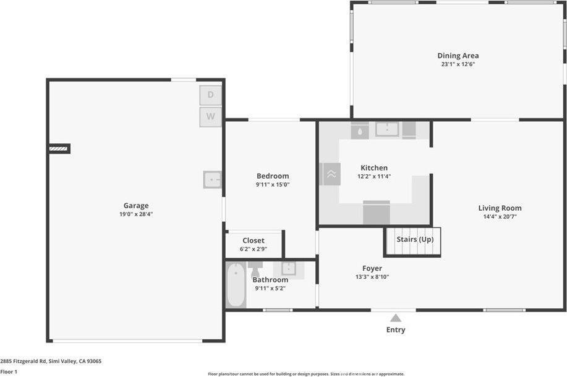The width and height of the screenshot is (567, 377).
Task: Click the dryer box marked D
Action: coord(210,95)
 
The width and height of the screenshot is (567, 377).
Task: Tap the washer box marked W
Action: coord(210,116)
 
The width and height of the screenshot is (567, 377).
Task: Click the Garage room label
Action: coord(135,206)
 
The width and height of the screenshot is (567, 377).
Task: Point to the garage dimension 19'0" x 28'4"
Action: coord(135,214)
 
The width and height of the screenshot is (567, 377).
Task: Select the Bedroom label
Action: coord(273,176)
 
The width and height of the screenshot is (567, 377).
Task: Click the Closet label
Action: coord(254,240)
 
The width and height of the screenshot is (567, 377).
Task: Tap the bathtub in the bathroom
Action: coord(236,285)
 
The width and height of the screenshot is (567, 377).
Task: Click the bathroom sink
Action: coord(288,269)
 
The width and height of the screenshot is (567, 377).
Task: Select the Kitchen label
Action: coord(374,167)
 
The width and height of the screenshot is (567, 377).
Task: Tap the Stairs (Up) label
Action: coord(414,239)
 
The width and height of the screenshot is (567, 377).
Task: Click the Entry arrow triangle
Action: coord(396,318)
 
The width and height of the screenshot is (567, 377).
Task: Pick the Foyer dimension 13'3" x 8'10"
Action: coord(372,277)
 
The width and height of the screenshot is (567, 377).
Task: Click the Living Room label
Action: coord(500,208)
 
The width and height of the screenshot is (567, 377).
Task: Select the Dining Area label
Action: coord(458,56)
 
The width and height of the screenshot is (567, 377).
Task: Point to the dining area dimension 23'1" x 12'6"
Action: coord(458,64)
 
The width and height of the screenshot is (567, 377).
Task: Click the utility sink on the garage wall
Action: coord(212,179)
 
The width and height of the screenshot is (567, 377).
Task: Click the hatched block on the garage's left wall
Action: coord(59,148)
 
